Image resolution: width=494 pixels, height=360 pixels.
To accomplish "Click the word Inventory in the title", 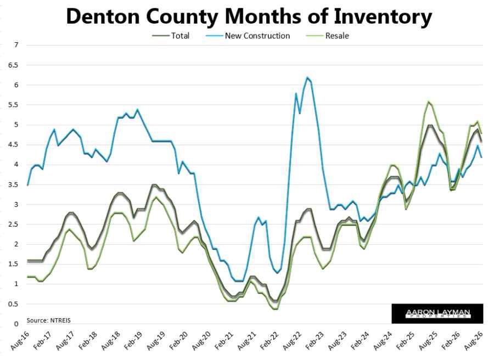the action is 383,18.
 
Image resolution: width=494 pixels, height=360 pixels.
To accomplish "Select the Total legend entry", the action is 171,36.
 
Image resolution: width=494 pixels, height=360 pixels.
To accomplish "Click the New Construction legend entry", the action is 248,36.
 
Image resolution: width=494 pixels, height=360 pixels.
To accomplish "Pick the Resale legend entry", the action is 328,36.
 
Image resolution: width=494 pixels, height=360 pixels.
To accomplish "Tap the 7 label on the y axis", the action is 16,45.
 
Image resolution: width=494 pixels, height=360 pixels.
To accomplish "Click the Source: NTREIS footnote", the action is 48,320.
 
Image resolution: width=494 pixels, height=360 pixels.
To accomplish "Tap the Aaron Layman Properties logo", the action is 437,314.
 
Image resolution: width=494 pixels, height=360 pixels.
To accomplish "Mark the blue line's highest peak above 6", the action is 307,77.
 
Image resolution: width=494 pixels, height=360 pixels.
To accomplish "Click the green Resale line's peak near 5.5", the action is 428,102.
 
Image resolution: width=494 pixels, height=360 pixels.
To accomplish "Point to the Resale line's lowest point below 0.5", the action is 276,308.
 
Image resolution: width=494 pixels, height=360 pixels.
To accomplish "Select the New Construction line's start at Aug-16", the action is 27,184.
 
